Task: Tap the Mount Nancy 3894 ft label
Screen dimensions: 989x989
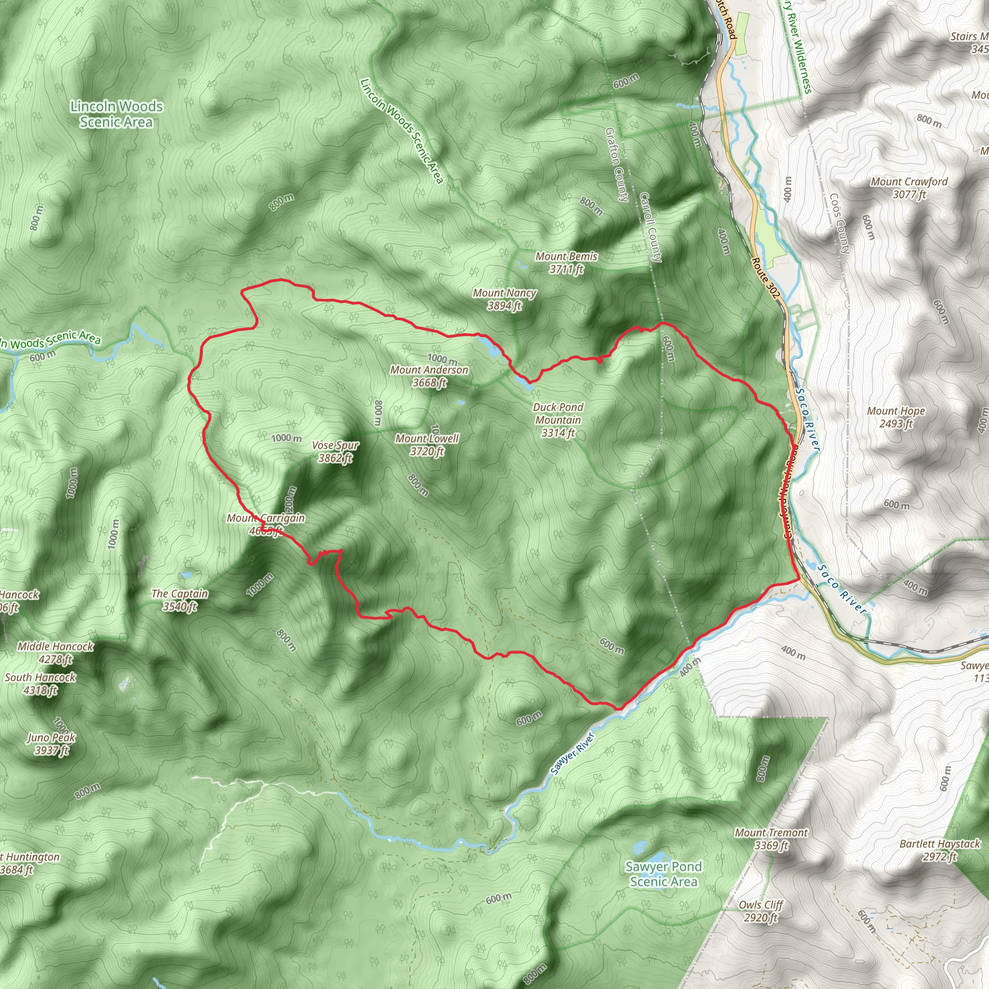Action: pos(504,299)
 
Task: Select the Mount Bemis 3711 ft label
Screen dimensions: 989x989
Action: pos(566,262)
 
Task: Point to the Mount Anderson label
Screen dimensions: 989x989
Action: pos(429,376)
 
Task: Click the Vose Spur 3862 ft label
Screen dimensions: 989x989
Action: pos(335,452)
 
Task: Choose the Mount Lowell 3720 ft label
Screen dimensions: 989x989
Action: pos(427,444)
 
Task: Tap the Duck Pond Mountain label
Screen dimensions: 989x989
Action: pos(558,420)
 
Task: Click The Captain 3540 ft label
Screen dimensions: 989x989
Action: pos(180,600)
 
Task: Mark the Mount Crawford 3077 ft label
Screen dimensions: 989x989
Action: pos(909,188)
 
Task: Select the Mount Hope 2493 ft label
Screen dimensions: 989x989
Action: pos(896,417)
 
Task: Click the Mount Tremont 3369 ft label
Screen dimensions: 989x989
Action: pos(771,839)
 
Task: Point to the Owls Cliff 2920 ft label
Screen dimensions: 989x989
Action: pos(761,911)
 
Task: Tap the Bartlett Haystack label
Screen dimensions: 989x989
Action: pos(940,850)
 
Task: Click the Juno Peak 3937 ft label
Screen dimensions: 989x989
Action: pos(51,744)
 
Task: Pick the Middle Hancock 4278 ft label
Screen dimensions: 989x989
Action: pos(55,653)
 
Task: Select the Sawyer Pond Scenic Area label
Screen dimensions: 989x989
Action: pos(664,874)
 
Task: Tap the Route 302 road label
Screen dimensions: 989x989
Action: pos(765,278)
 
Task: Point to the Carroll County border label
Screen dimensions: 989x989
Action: pos(650,227)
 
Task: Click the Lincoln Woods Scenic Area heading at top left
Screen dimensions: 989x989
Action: pos(116,113)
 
